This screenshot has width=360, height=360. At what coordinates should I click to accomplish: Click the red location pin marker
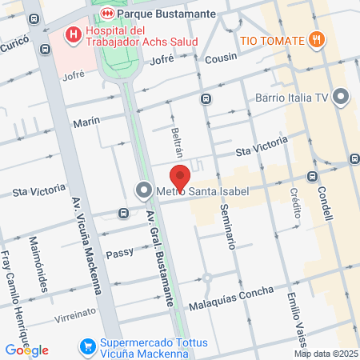[x=180, y=178]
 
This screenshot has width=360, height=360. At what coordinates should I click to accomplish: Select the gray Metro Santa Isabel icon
[x=144, y=190]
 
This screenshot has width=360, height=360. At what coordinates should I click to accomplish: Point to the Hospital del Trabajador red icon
[x=74, y=34]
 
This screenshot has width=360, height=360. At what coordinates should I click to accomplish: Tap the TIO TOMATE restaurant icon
[x=318, y=40]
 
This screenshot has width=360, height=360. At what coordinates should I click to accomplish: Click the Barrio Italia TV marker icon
[x=342, y=98]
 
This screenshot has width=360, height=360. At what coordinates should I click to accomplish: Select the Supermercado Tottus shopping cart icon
[x=87, y=347]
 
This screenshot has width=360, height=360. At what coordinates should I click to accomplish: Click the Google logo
[x=26, y=350]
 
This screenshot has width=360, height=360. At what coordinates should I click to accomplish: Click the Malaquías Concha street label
[x=230, y=296]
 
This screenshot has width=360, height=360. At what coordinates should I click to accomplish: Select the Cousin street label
[x=221, y=58]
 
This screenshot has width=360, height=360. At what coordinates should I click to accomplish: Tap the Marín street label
[x=86, y=120]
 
